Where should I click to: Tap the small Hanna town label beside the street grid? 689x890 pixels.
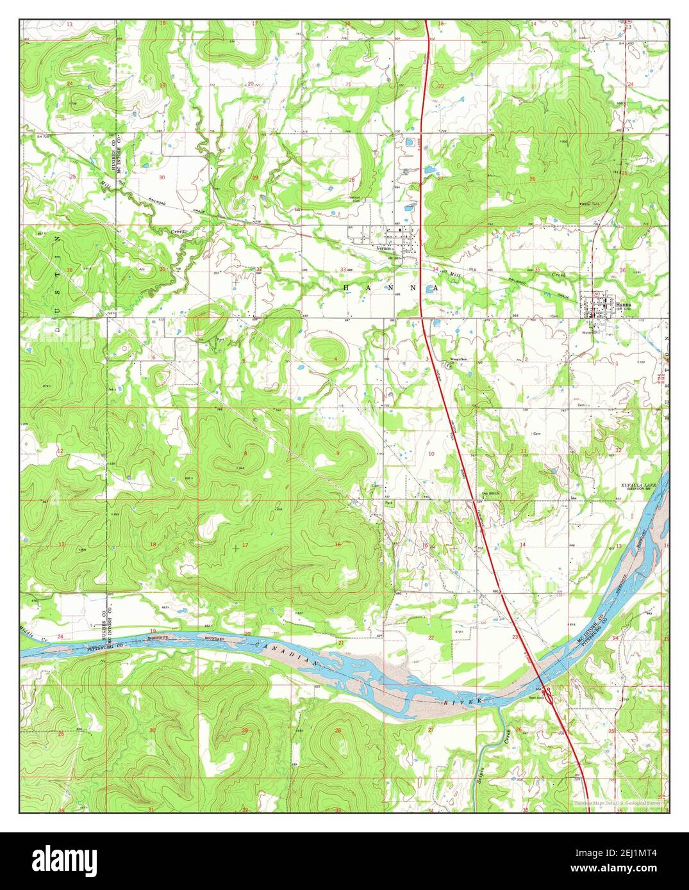626,305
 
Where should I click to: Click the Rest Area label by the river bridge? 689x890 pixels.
536,697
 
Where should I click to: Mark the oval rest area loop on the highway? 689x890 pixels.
551,693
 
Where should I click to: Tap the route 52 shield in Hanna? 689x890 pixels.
596,294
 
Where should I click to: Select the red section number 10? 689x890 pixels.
431,453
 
